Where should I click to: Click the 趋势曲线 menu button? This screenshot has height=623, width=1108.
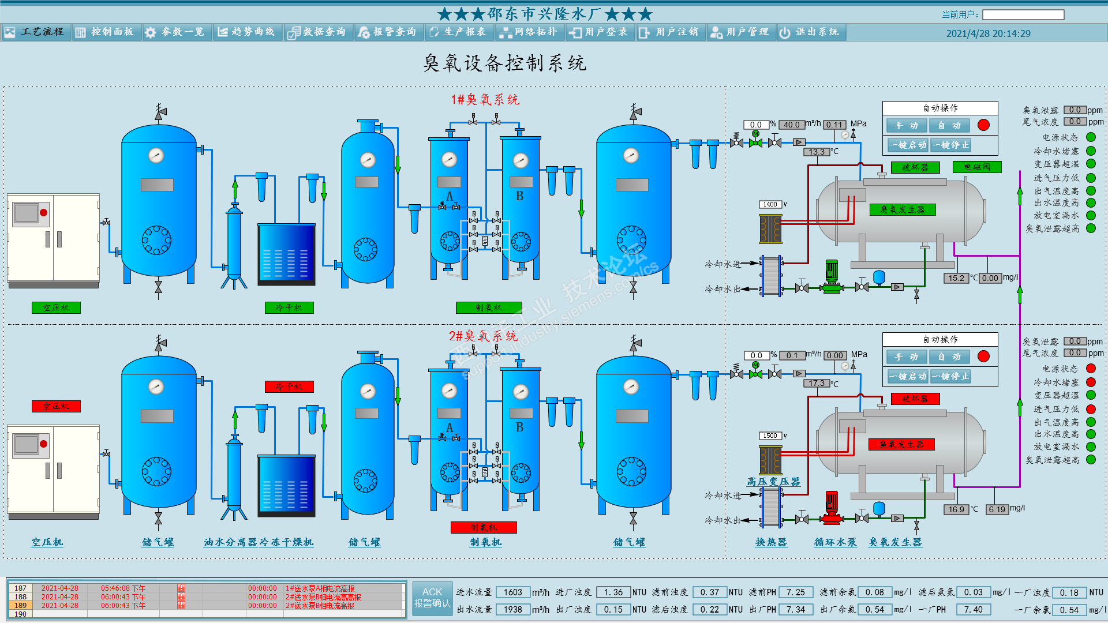pos(247,32)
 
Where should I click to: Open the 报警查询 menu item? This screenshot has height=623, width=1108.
pos(388,32)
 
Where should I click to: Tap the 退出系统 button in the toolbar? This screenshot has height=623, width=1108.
pos(810,32)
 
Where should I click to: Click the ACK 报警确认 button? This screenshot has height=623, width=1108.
pos(432,598)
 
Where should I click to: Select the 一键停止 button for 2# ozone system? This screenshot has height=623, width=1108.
pos(950,377)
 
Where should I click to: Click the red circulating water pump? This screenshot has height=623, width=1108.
pos(832,508)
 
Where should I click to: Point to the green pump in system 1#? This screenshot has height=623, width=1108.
pos(832,276)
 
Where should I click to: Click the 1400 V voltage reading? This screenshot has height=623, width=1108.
pos(770,204)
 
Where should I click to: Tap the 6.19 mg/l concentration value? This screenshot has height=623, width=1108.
pos(997,509)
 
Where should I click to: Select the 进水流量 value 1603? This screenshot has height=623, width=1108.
pos(512,592)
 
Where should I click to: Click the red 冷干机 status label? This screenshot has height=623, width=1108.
pos(289,386)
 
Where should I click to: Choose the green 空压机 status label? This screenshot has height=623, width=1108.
pos(56,308)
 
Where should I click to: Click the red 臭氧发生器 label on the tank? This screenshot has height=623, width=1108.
pos(901,445)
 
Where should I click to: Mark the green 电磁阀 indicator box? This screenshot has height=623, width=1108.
pos(978,167)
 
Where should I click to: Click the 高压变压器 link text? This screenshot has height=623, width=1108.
pos(773,482)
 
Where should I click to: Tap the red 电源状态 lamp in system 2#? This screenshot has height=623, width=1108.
pos(1091,369)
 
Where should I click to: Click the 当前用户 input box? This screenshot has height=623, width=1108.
pos(1023,14)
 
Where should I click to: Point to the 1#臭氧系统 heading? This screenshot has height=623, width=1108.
pos(485,100)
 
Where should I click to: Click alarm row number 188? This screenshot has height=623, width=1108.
pos(21,597)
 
